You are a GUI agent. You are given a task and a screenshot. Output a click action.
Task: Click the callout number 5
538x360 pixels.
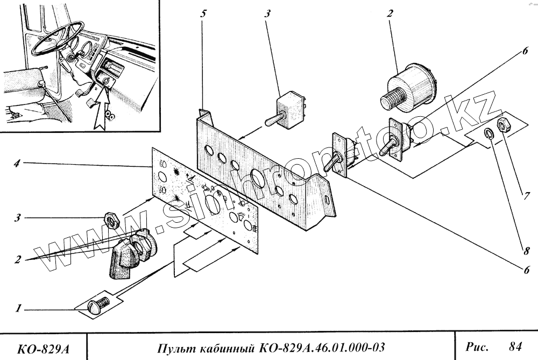(x=203, y=13)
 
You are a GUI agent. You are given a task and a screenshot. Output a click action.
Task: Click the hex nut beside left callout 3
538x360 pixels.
(x=112, y=219)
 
